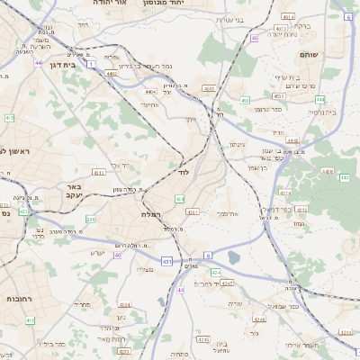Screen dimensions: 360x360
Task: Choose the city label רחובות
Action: pyautogui.click(x=20, y=298)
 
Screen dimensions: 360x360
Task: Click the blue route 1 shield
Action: pyautogui.click(x=92, y=64)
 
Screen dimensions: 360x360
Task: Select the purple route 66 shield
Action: pyautogui.click(x=255, y=38)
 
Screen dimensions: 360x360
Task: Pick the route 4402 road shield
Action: pyautogui.click(x=112, y=74)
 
